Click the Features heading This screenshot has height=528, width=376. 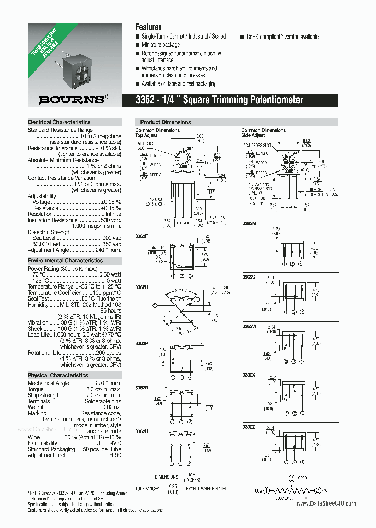coord(148,27)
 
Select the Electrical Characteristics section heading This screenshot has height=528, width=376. coord(59,122)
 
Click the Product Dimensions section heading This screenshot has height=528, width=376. coord(166,122)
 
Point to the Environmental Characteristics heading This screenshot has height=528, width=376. coord(65,260)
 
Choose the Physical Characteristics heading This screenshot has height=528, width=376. coord(58,375)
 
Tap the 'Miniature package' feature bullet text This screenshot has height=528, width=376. coord(160,45)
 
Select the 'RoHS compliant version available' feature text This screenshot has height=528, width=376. coord(282,37)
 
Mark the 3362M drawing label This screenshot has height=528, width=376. coord(249,223)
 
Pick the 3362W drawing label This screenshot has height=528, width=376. coord(249,326)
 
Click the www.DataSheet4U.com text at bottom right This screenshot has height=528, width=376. coord(326,503)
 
